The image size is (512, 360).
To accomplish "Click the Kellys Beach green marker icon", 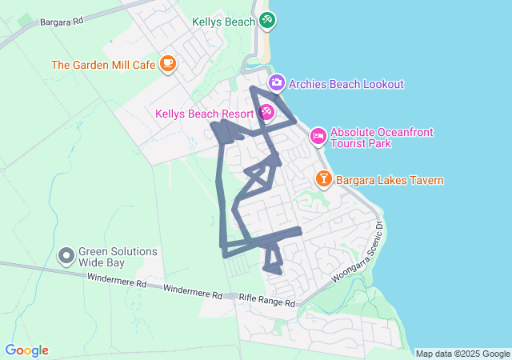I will coord(267,19).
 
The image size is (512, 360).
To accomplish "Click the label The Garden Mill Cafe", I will coord(104,65).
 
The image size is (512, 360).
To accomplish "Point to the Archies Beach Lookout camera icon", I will coord(276,83).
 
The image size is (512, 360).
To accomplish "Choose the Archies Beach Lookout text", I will coord(346,84).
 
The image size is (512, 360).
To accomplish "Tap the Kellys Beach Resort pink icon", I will coord(266,114).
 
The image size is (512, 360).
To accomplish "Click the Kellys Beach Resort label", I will coord(205,114).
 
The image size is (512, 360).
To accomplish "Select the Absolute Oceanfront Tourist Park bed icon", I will coord(318,137).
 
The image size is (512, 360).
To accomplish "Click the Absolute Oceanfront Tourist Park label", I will coord(371,138).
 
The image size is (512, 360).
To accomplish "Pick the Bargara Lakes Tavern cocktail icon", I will coord(324,179).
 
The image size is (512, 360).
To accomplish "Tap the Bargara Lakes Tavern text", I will coord(390,180).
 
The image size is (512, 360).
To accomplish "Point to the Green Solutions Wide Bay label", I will coord(118,256).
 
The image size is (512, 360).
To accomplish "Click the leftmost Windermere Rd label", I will coord(117,282).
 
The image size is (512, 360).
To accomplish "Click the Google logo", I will coord(27,350).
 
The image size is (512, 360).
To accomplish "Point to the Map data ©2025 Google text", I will coord(462,354).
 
